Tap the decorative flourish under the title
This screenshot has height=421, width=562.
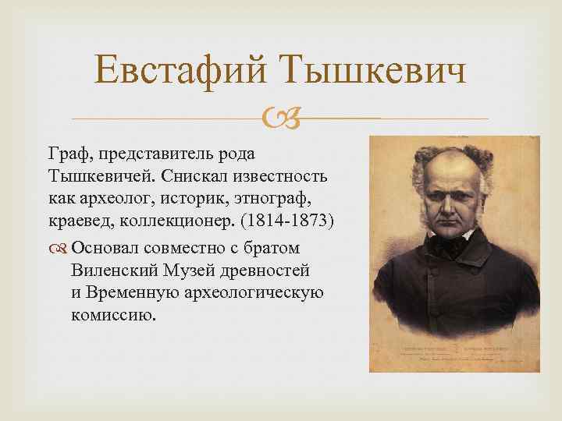coord(280,119)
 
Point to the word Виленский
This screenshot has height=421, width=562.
coord(112,271)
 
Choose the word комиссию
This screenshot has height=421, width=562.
coord(112,316)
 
